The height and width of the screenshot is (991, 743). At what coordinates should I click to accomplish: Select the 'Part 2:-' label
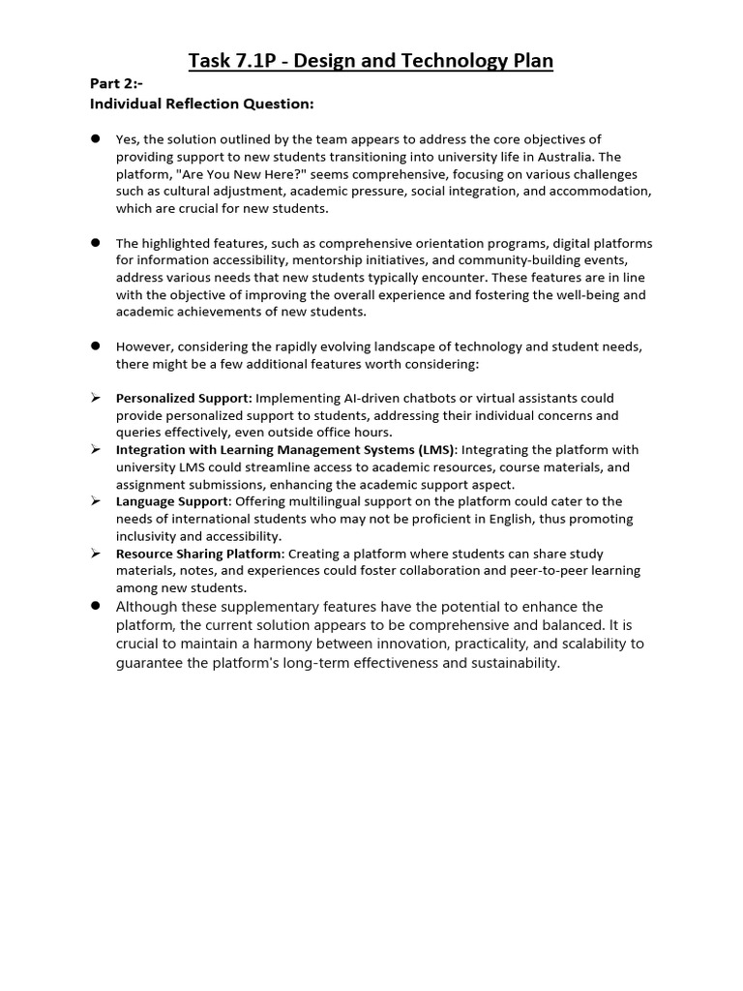(x=116, y=84)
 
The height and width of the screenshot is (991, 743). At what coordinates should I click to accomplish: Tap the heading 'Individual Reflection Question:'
(x=201, y=104)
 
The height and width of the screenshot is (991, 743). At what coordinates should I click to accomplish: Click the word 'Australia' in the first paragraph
(x=559, y=157)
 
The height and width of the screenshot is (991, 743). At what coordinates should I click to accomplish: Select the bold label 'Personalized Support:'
(x=184, y=398)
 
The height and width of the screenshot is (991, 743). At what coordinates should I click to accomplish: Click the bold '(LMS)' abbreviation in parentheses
(x=432, y=450)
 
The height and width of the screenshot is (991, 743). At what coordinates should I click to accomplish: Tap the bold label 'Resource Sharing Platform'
(x=198, y=554)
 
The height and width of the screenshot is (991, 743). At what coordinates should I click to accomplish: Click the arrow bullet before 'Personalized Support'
(x=96, y=398)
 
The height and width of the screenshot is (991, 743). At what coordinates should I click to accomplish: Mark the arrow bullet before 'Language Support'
(x=96, y=501)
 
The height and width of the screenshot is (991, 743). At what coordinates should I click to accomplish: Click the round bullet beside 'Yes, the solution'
(x=96, y=139)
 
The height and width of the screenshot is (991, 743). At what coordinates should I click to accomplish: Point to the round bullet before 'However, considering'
(x=96, y=345)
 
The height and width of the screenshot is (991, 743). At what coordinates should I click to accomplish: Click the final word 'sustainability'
(x=512, y=663)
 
